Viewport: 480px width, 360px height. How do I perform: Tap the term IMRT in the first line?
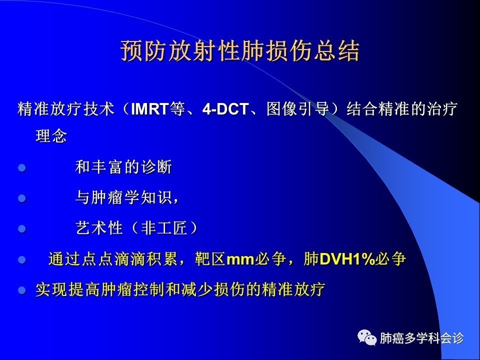click(x=149, y=109)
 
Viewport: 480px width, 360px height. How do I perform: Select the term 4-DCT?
click(x=225, y=109)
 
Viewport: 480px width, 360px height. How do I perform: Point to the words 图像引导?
click(x=297, y=109)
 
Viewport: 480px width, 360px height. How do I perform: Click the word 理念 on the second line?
click(x=51, y=136)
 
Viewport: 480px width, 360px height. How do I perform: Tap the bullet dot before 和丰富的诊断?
click(x=21, y=168)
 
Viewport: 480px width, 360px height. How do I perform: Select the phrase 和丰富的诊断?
click(x=123, y=167)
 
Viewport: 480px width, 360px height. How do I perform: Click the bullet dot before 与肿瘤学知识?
click(x=21, y=198)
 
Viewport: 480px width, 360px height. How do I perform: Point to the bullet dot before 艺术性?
click(x=21, y=228)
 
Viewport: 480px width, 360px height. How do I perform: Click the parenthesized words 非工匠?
click(x=164, y=228)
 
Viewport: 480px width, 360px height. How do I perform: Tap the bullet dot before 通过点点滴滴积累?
click(x=21, y=259)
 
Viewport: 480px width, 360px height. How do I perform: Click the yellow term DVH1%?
click(x=347, y=259)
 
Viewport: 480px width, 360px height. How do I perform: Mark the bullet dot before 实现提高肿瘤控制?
click(x=21, y=289)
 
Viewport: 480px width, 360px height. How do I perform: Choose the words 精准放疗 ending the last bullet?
click(x=293, y=289)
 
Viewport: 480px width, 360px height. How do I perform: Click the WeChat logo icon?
click(x=367, y=337)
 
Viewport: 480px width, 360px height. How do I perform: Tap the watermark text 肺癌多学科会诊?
click(x=421, y=338)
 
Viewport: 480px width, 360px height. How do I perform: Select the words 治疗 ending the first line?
click(x=442, y=109)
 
